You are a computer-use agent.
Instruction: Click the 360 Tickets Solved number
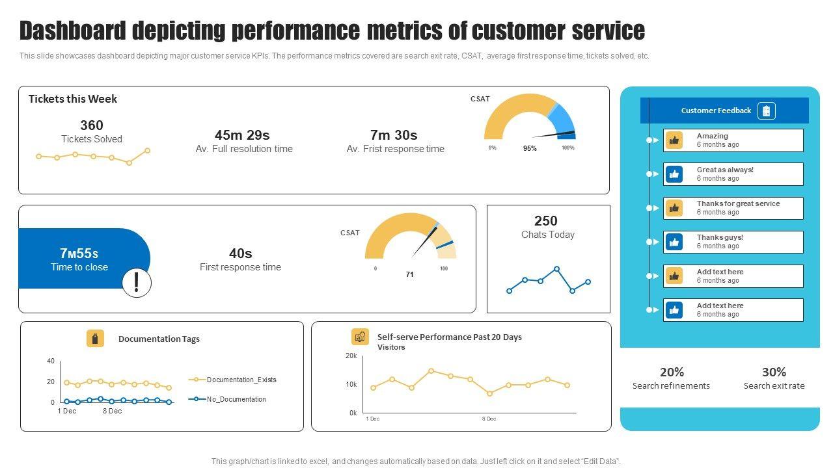click(92, 125)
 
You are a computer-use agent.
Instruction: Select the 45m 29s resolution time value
click(242, 135)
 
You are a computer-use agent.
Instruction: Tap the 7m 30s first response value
click(394, 135)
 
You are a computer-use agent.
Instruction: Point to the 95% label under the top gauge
click(530, 148)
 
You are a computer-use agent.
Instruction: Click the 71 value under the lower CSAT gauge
click(410, 274)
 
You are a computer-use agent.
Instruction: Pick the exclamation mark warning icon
click(137, 283)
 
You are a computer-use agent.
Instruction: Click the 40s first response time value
click(240, 253)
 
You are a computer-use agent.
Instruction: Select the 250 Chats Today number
click(546, 221)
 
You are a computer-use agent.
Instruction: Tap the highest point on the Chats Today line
click(556, 268)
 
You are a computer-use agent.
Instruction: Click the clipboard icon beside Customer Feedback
click(767, 110)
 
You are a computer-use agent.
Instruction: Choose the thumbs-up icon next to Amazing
click(674, 140)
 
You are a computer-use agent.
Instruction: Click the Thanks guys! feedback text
click(720, 238)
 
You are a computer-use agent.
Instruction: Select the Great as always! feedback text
click(725, 170)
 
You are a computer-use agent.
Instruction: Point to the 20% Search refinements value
click(672, 372)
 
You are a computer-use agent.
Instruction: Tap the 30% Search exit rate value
click(774, 372)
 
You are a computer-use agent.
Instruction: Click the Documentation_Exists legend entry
click(241, 380)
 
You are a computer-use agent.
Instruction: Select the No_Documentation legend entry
click(236, 399)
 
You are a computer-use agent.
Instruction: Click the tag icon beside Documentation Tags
click(95, 339)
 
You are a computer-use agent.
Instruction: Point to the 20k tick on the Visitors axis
click(351, 356)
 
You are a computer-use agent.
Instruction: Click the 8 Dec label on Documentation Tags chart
click(112, 411)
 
